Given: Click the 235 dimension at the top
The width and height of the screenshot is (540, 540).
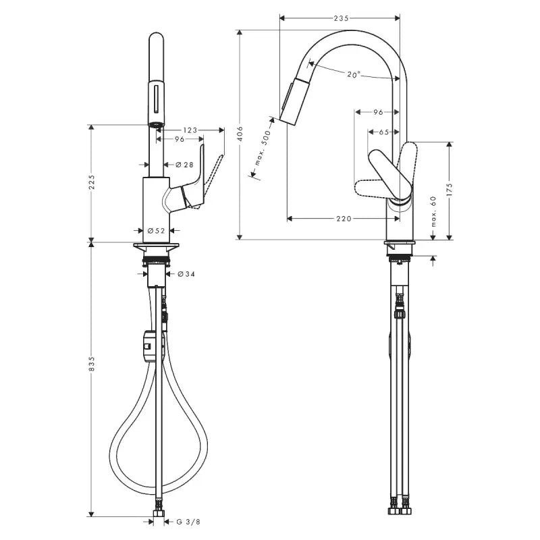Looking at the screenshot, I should (341, 19).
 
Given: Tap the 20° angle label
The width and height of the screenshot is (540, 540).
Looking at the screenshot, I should (354, 75).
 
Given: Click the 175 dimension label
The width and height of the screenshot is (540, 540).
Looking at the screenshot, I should (449, 190).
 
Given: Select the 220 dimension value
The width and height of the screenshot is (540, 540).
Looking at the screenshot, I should (344, 219).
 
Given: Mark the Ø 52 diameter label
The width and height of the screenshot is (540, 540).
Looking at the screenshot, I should (157, 231).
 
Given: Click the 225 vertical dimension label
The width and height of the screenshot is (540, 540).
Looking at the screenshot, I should (92, 183).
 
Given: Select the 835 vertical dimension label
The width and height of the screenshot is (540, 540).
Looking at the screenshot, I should (92, 364).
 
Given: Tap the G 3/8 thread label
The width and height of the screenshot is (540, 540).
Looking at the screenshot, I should (188, 521).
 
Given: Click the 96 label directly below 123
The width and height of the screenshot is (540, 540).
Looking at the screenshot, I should (180, 140).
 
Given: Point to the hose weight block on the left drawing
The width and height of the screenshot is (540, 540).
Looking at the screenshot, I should (153, 344).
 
